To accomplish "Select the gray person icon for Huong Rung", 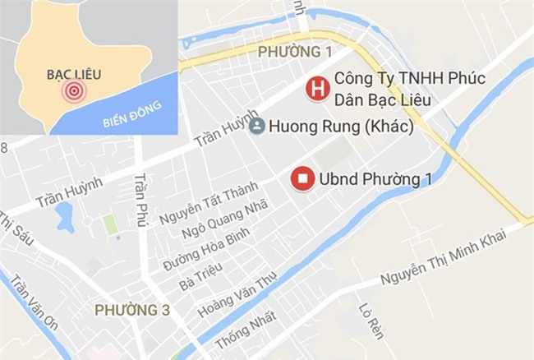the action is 257,127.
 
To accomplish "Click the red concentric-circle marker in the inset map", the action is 74,91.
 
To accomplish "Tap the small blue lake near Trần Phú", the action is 64,216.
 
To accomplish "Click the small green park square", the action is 110,223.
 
